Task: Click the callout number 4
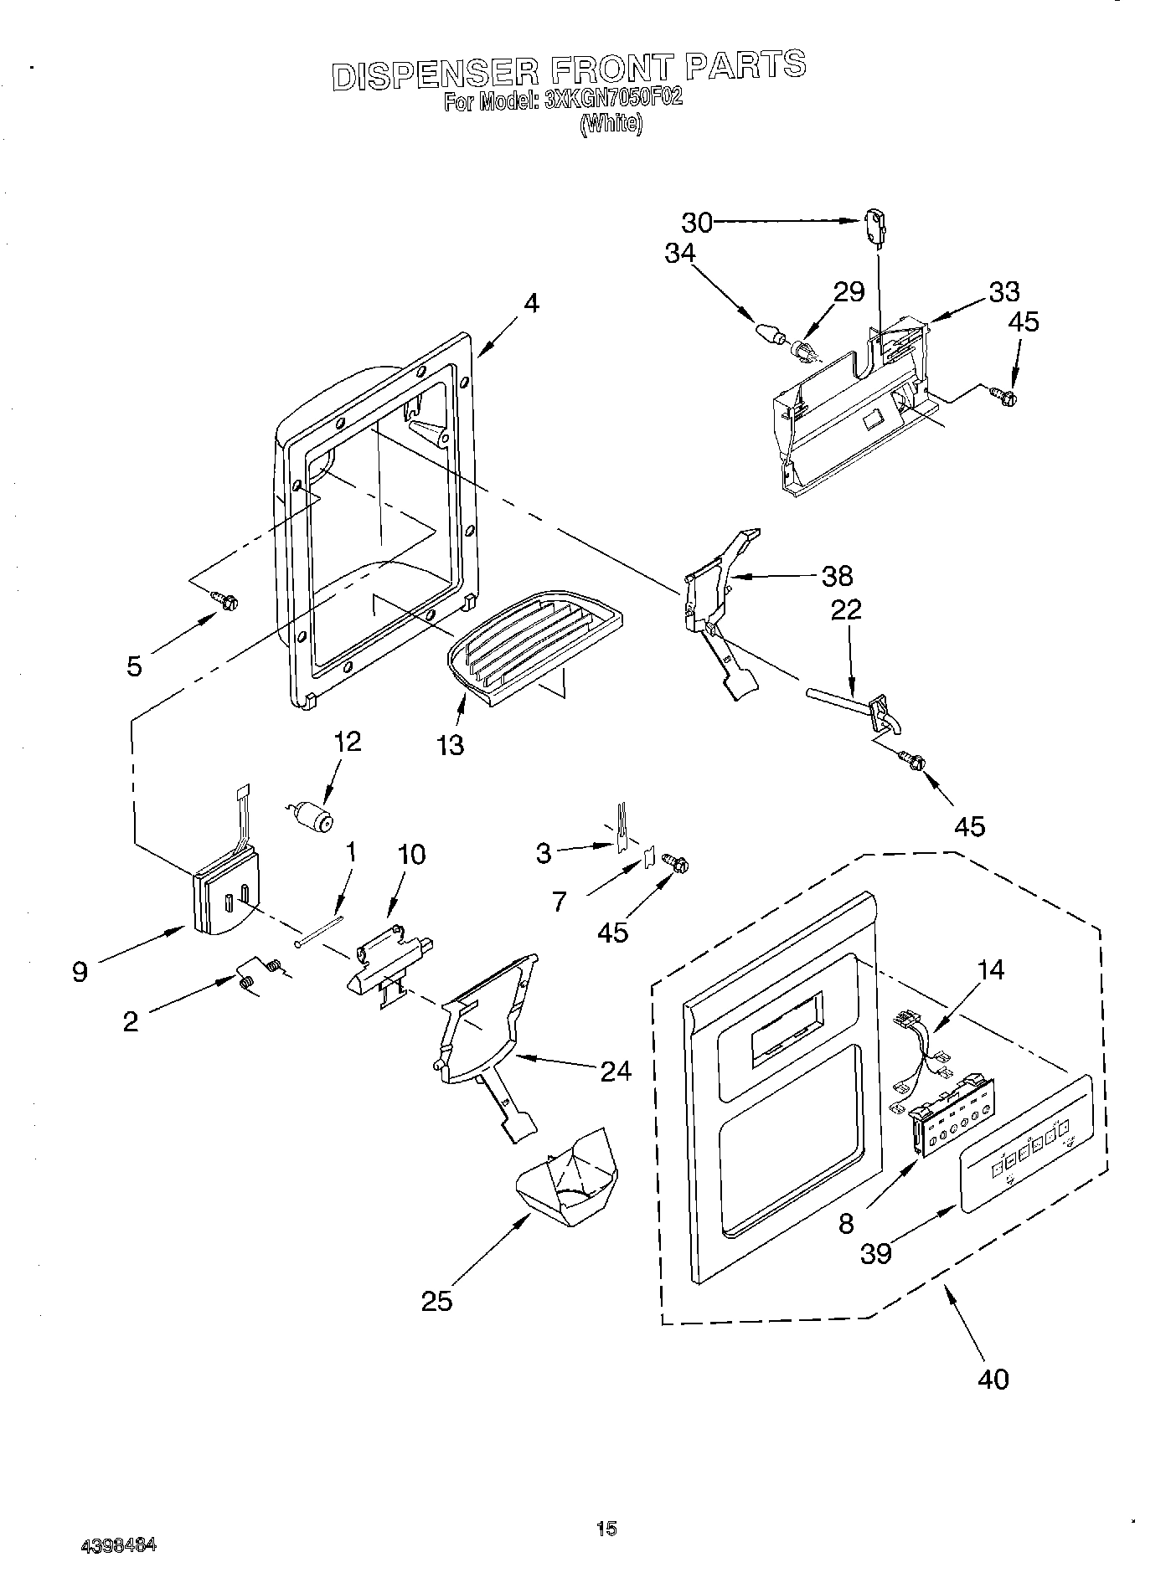pyautogui.click(x=531, y=304)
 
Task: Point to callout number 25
pyautogui.click(x=436, y=1300)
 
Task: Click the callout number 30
pyautogui.click(x=696, y=222)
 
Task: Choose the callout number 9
pyautogui.click(x=80, y=972)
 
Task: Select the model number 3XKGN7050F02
pyautogui.click(x=613, y=100)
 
